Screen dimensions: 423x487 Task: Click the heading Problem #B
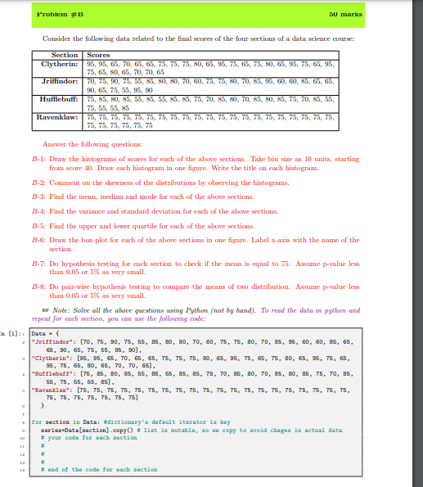point(55,12)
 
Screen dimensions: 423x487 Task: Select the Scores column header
point(97,55)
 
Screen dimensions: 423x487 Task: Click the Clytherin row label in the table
point(59,62)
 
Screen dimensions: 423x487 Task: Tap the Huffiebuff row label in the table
point(59,98)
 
